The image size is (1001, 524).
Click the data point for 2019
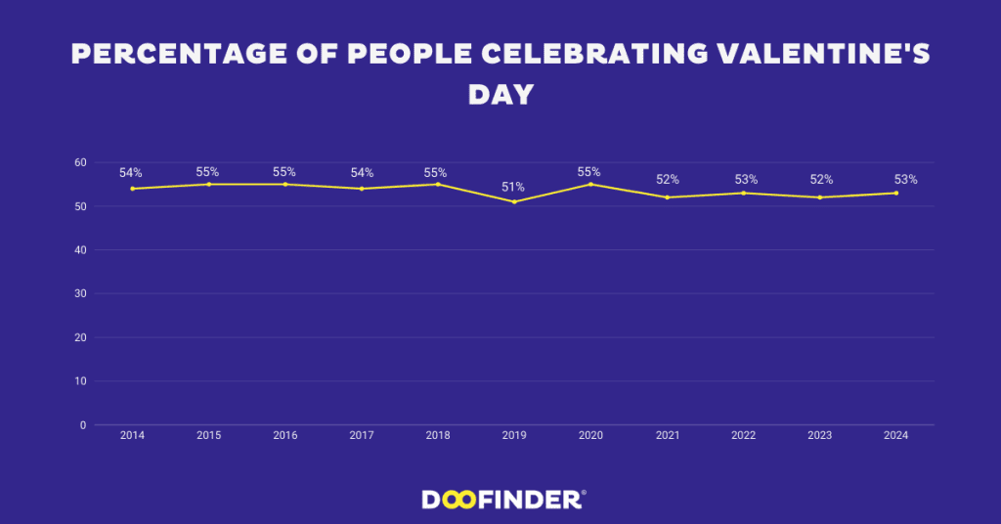514,201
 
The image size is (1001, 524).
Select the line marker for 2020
590,184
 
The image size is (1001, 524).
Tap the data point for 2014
132,189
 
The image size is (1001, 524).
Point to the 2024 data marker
896,193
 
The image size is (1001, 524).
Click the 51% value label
513,187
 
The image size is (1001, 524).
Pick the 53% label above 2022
746,179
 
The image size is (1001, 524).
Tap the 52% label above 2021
668,179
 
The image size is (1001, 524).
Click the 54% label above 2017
362,173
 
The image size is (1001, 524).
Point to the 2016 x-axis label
284,436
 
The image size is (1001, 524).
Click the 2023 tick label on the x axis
819,436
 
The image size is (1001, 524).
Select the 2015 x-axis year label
208,436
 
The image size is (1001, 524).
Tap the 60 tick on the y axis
80,162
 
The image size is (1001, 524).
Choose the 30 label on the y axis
80,293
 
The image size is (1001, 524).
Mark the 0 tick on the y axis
83,425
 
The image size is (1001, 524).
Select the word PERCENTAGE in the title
182,55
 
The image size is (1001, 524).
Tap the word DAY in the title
500,94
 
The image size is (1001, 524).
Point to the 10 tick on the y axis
80,381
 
